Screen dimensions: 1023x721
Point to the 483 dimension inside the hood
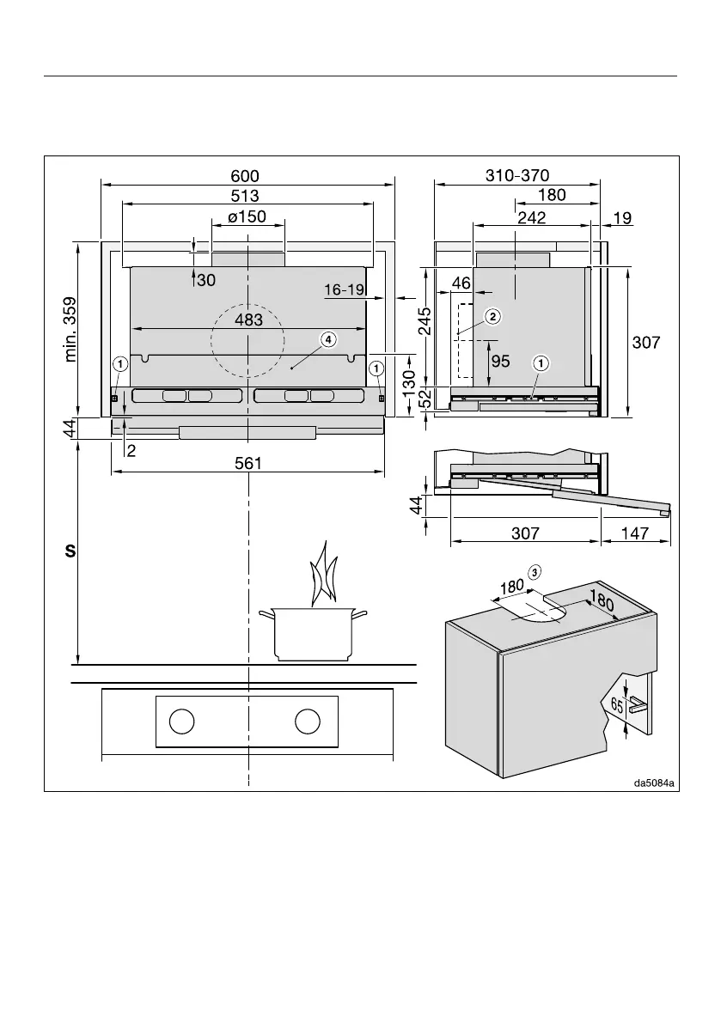247,320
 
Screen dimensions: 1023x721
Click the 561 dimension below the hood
247,463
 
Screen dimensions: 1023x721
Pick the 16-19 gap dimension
344,290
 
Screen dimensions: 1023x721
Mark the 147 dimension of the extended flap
633,533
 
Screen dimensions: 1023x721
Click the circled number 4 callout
328,339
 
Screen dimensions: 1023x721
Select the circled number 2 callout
492,317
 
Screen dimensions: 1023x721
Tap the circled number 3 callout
535,572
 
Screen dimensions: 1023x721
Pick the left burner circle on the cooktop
180,722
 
